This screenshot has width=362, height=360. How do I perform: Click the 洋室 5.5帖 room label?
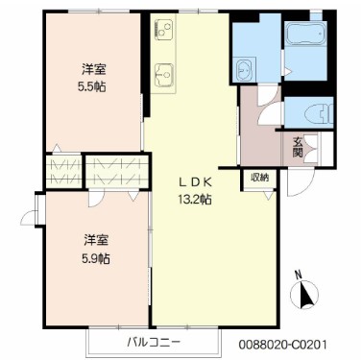93,77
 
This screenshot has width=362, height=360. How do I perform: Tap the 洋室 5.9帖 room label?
94,249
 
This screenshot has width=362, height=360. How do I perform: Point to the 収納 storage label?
260,178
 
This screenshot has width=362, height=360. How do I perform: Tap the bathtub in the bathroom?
306,37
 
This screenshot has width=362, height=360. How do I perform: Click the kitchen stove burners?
161,32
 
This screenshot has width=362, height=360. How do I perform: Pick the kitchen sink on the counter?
161,73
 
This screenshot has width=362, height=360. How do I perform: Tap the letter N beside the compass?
299,274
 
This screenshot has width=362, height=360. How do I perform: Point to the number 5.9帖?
94,257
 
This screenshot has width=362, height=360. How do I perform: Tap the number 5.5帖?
93,85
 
